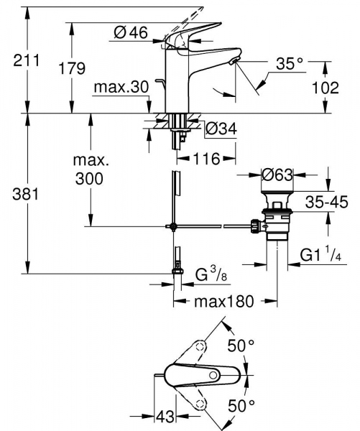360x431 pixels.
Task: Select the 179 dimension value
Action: [72, 69]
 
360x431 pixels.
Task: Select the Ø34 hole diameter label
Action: [221, 129]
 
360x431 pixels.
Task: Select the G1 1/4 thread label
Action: [320, 255]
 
